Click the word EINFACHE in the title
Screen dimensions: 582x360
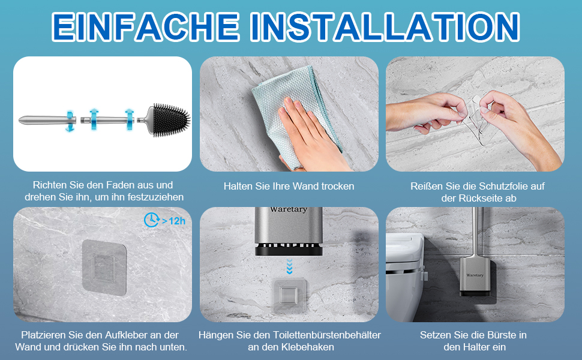145,26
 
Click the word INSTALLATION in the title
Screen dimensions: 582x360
385,26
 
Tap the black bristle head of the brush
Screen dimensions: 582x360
172,120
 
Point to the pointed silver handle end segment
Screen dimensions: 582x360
47,120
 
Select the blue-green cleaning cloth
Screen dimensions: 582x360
293,107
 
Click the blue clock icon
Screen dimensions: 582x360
151,220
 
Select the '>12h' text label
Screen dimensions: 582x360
174,221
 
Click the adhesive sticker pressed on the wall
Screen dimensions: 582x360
104,267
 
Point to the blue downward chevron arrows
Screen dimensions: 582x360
290,266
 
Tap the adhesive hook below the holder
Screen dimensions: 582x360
290,295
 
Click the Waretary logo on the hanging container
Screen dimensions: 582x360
289,209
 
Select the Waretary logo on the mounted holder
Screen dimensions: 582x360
475,275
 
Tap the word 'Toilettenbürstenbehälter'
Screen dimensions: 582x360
326,335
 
